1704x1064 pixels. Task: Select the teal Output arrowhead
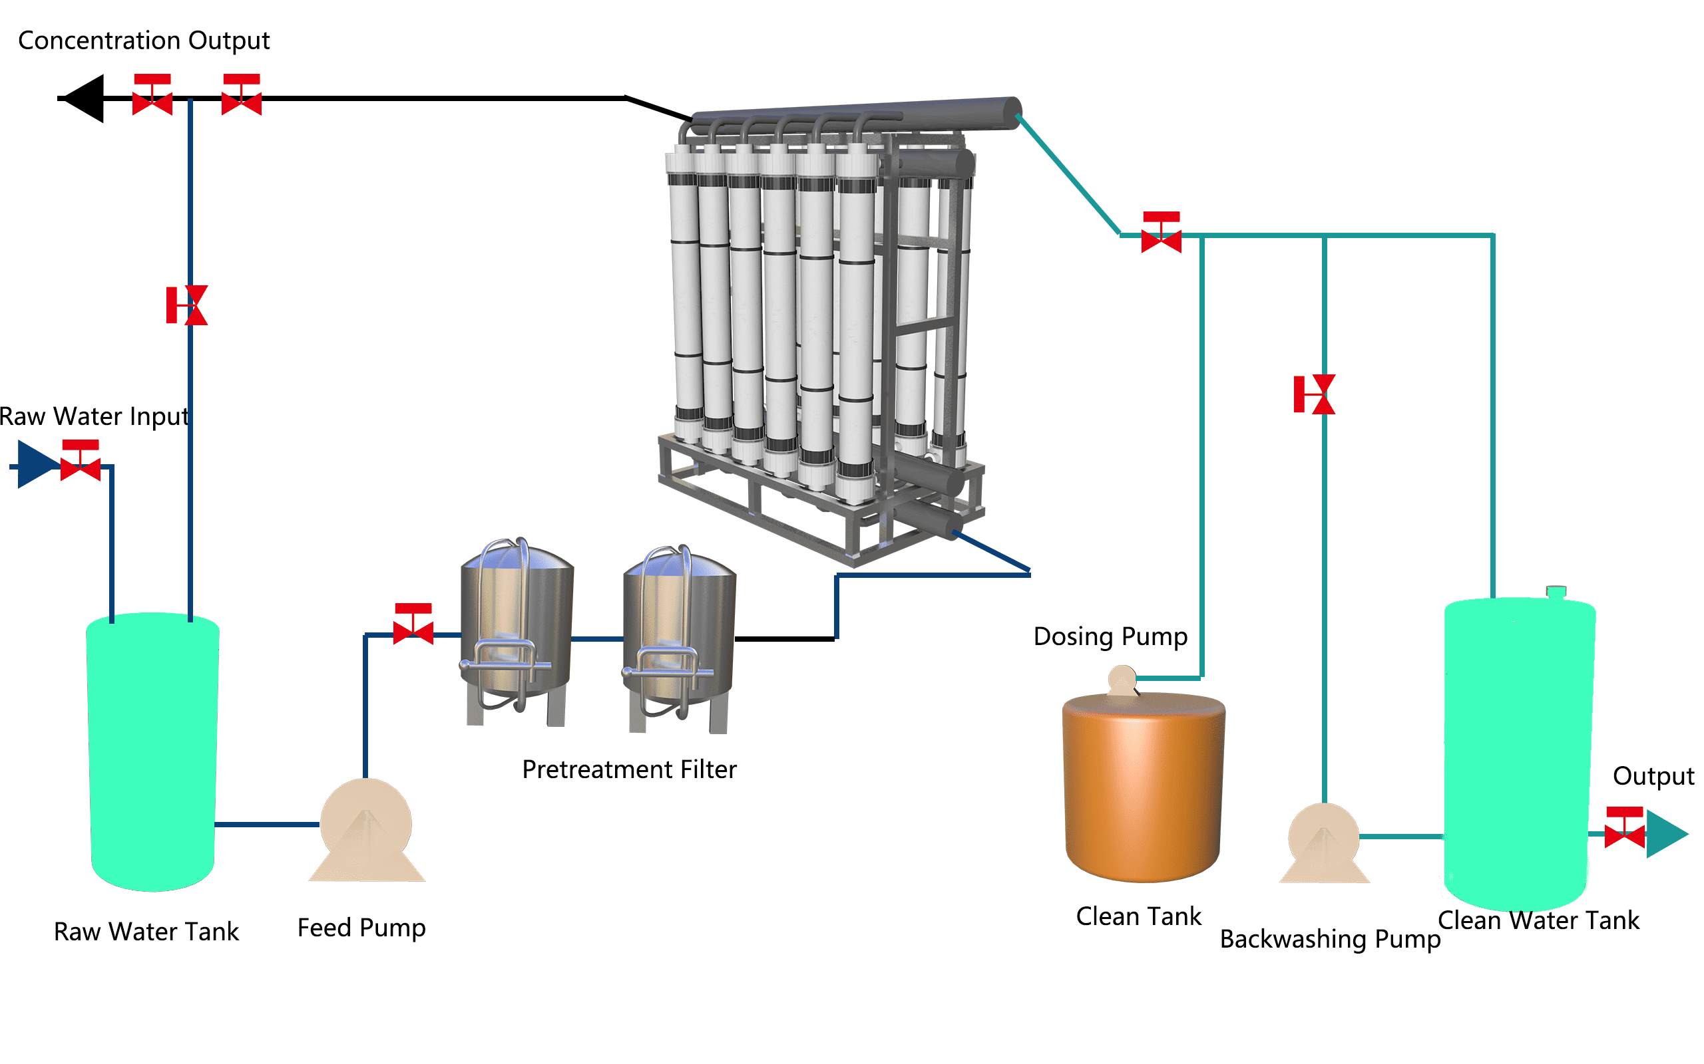[1666, 834]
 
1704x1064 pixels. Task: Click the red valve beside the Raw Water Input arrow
[81, 461]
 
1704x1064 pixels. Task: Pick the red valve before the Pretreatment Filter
[413, 624]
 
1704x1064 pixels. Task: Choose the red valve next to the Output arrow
[1624, 829]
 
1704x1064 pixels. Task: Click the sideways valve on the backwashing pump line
[1315, 394]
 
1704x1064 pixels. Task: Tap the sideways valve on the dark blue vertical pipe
[186, 305]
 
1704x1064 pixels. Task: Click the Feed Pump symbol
[366, 831]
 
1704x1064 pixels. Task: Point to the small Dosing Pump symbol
[1122, 680]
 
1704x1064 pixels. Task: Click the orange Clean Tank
[1144, 787]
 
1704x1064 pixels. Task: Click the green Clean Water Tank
[1519, 753]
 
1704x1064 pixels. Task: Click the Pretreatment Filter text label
[629, 769]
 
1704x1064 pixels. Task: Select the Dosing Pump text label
[1110, 636]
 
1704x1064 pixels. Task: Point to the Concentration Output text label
[144, 41]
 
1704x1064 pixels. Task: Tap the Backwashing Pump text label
[1330, 939]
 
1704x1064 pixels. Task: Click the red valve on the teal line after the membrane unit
[1161, 232]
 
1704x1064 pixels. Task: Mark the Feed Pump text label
[361, 928]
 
